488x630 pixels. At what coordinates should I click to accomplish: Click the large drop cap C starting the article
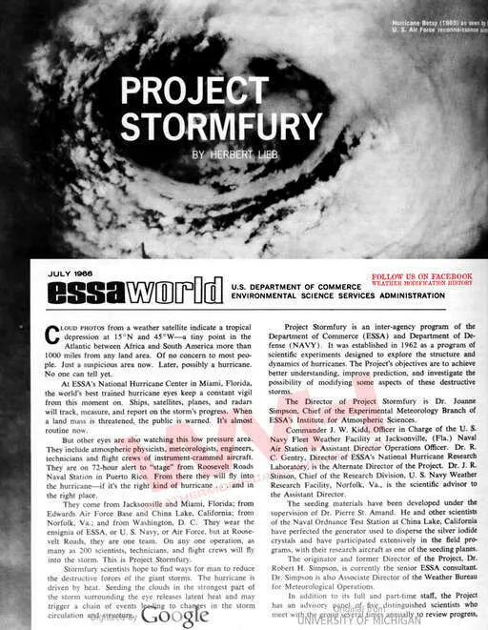54,335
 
